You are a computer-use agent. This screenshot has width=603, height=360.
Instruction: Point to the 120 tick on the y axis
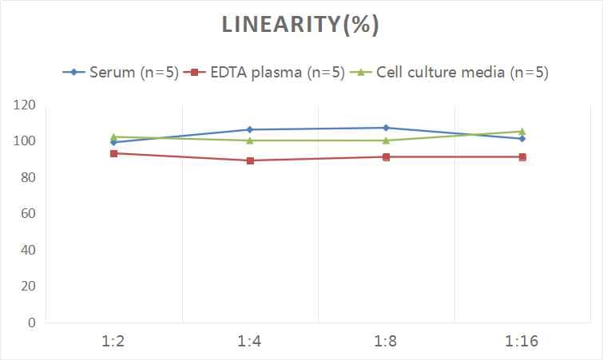(25, 105)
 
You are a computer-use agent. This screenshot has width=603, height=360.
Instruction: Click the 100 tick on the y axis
(25, 141)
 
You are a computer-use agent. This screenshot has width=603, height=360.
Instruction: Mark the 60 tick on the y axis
(28, 214)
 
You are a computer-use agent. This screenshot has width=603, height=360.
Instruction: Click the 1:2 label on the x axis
(114, 342)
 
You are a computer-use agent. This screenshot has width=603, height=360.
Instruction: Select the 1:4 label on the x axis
(250, 342)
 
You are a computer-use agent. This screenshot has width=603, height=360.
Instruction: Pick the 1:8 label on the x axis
(386, 342)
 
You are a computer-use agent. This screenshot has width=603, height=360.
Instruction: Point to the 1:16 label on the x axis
(522, 342)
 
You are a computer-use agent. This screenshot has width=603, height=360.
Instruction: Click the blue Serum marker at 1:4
(250, 129)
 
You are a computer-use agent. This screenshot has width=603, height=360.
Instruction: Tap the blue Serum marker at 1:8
(386, 128)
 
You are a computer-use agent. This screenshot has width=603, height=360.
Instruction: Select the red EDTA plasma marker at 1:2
(114, 153)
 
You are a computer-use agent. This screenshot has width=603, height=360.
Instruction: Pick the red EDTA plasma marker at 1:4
(250, 160)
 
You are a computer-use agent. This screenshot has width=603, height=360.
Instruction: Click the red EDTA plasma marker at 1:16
(522, 157)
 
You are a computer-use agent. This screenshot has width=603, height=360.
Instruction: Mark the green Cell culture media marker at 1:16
(522, 132)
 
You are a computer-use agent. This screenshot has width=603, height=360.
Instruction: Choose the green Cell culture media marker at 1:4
(250, 140)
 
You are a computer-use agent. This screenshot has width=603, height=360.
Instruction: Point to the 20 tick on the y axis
(28, 287)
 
